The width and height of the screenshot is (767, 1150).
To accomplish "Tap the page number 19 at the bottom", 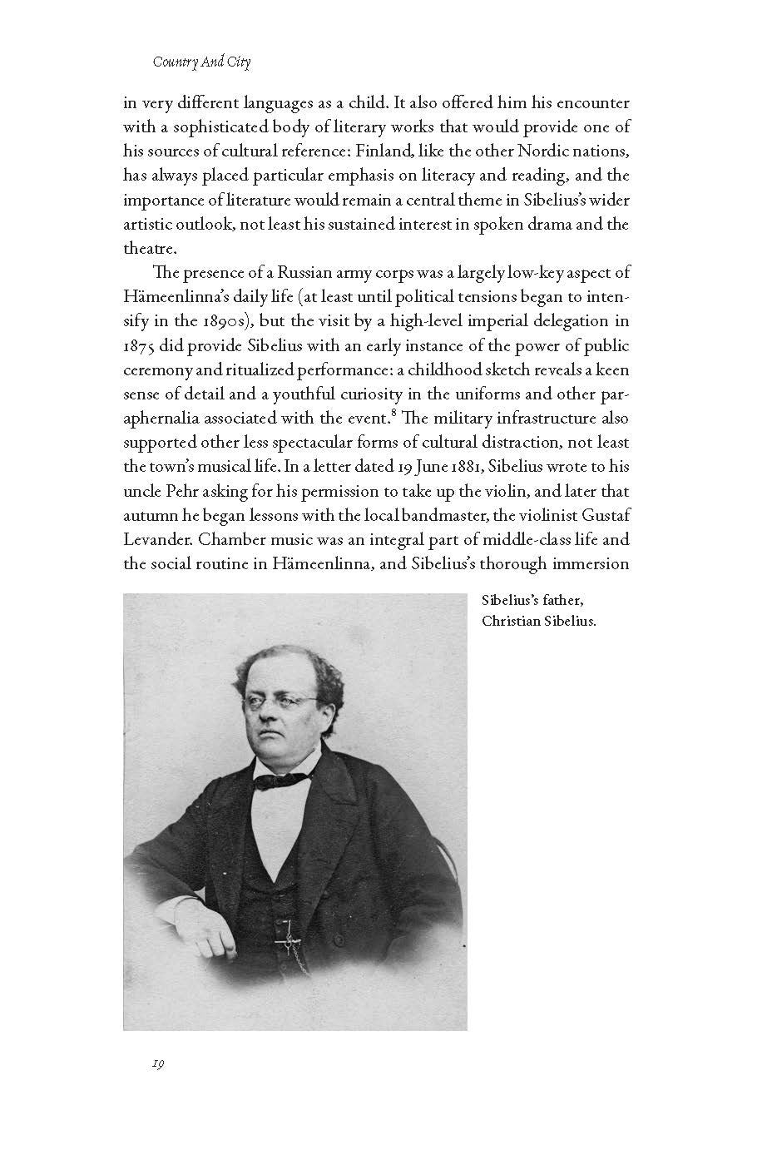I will (x=157, y=1064).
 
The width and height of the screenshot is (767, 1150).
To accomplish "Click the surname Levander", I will (x=155, y=539).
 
